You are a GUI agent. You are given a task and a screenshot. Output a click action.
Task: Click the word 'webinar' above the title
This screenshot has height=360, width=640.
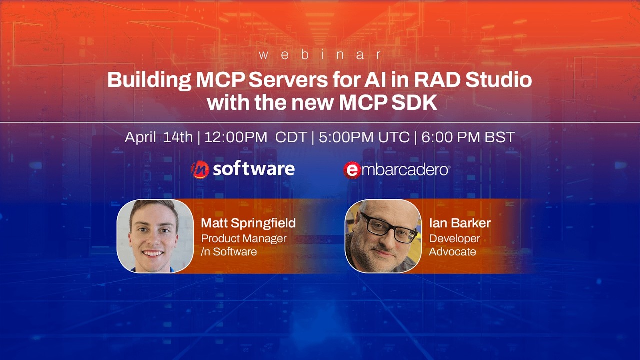point(320,55)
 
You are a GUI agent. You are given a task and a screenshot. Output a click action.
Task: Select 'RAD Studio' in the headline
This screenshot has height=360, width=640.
point(479,80)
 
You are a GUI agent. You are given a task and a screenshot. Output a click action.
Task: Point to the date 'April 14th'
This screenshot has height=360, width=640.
point(158,137)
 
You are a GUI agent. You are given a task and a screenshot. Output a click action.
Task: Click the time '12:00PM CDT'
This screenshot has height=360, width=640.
point(255,137)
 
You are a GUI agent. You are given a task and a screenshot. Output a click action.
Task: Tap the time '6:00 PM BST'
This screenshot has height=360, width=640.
point(468,137)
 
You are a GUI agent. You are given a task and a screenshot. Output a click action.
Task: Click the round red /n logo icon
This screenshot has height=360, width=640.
point(200,170)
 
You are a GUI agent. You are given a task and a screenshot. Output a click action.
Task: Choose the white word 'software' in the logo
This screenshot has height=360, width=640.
point(253,169)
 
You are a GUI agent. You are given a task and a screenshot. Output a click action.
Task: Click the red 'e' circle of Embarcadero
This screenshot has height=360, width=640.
point(352,170)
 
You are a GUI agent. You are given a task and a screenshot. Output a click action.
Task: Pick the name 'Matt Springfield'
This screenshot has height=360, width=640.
point(248,223)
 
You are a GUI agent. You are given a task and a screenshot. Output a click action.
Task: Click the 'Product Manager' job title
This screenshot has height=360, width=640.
point(244,238)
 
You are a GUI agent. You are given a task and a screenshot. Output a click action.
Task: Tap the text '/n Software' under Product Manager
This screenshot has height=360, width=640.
point(229,252)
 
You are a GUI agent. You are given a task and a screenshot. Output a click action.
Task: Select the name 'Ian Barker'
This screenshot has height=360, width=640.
point(460,223)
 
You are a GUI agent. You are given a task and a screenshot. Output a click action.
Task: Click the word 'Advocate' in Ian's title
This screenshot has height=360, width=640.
point(452,252)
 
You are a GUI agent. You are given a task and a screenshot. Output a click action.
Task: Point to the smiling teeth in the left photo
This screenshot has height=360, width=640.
point(153,253)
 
